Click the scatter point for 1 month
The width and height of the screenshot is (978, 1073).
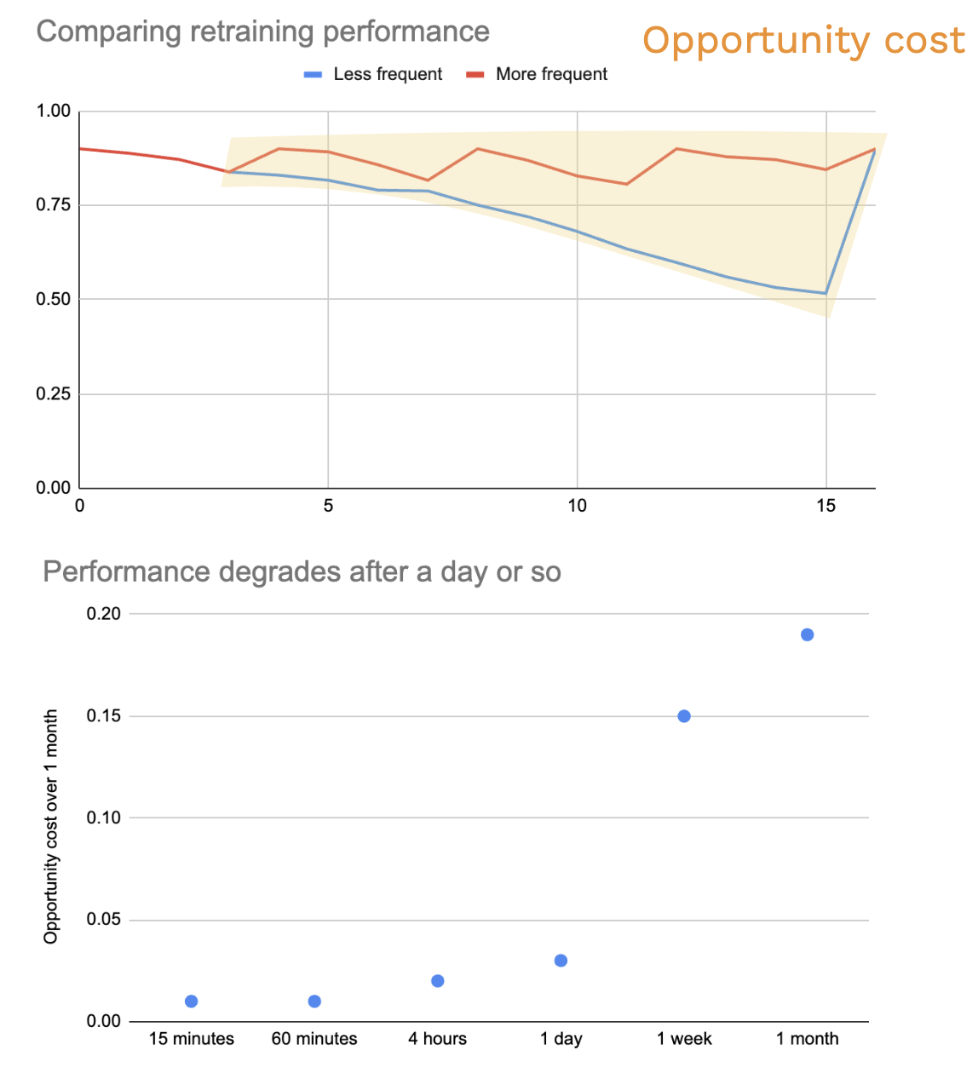(x=807, y=634)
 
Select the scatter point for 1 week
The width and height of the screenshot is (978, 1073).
(x=684, y=716)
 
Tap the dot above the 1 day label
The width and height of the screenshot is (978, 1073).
(x=561, y=961)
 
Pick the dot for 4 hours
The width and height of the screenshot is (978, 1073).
(x=438, y=981)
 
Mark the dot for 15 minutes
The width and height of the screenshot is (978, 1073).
(x=192, y=1001)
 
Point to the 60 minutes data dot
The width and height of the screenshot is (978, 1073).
(x=314, y=1001)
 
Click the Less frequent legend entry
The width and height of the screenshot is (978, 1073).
(x=374, y=75)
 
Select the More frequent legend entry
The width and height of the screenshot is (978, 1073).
(x=538, y=75)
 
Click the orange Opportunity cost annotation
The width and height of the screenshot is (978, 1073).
(x=803, y=41)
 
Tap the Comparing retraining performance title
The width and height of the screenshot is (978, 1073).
(x=262, y=32)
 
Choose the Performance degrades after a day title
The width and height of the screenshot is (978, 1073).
(x=302, y=571)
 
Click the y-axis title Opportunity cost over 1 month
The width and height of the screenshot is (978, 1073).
(x=51, y=826)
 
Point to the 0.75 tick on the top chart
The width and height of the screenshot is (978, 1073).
(x=54, y=205)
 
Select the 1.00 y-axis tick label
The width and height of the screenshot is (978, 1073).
(x=54, y=111)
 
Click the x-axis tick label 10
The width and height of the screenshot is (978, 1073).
(x=577, y=506)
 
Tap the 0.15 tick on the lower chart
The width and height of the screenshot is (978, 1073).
(x=104, y=716)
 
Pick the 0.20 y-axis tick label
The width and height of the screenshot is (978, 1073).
(x=104, y=614)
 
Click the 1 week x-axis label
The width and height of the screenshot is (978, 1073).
(x=684, y=1039)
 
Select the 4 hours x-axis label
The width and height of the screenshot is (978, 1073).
(x=437, y=1039)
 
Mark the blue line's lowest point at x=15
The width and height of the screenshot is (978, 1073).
(x=826, y=294)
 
